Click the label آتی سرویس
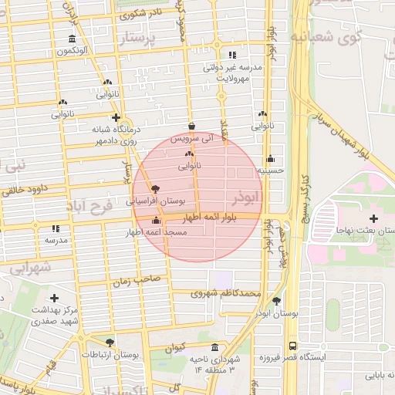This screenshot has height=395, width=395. pos(191,138)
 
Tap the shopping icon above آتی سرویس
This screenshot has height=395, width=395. pos(191,127)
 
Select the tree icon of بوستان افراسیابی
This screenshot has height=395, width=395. pos(157,188)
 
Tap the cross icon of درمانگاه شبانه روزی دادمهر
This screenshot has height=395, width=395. pos(116,118)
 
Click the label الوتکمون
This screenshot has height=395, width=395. pos(71,51)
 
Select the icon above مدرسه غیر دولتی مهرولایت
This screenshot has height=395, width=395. pos(232,55)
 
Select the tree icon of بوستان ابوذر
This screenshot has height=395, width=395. pos(277,301)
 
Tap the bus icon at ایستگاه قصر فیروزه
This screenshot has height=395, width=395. pos(292,346)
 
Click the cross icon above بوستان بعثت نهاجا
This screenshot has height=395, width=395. pos(373,218)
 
